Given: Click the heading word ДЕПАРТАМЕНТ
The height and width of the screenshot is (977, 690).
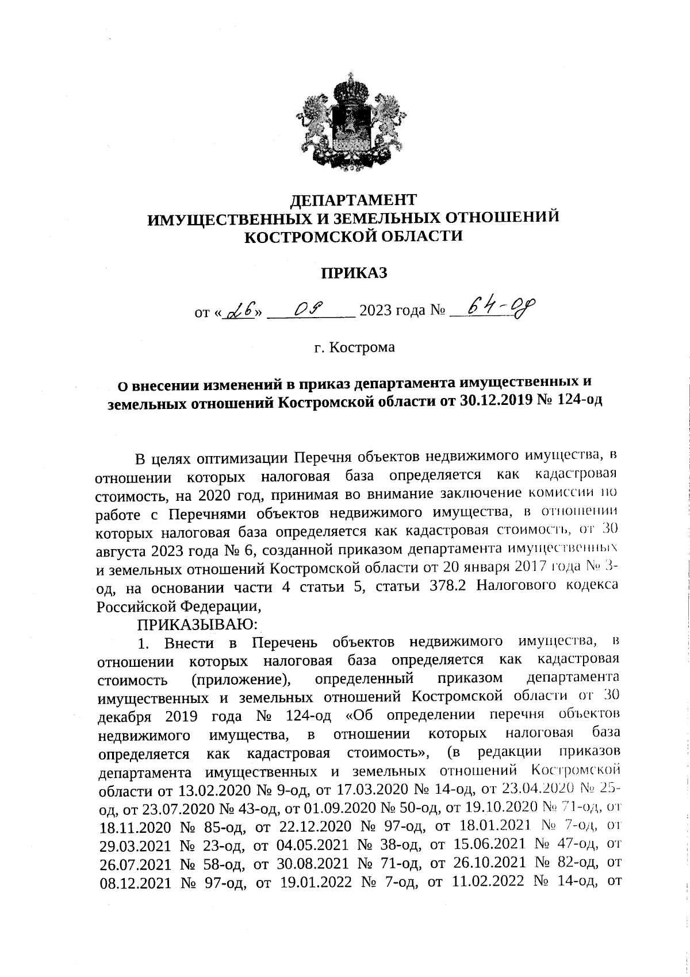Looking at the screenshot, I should (352, 200).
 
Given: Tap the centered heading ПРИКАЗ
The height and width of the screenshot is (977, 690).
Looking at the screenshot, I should (354, 273).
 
